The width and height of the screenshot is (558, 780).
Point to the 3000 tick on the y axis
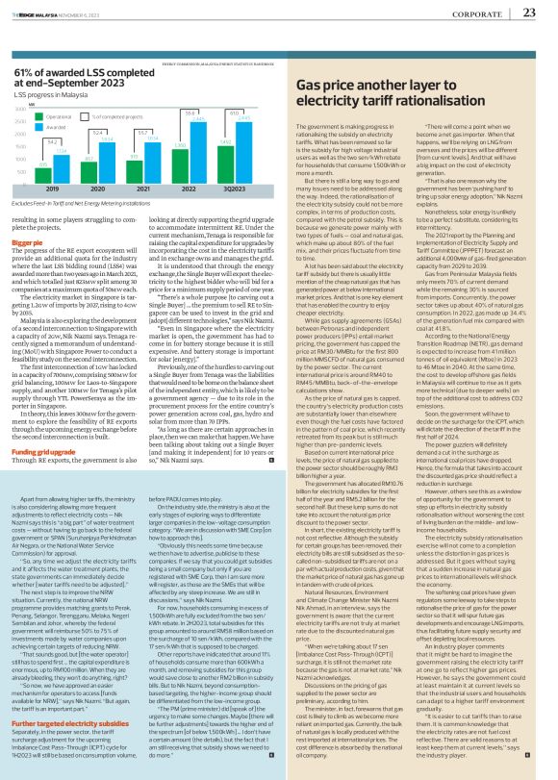[x=21, y=110]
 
